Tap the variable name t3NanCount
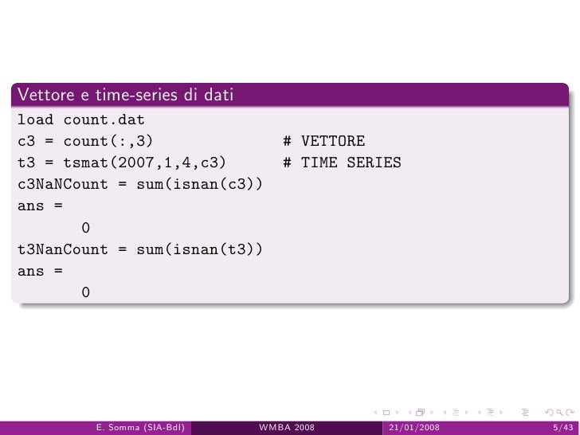62,251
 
